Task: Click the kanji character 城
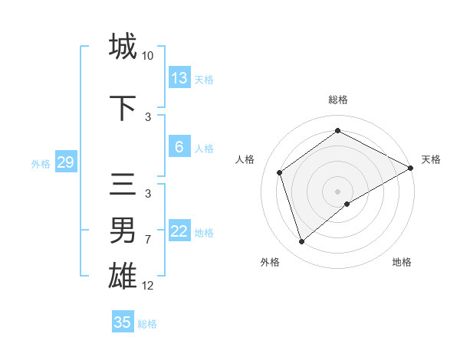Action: (x=123, y=47)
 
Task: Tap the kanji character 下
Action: (x=123, y=108)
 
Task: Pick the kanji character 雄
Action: (x=123, y=275)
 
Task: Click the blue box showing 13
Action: (x=179, y=78)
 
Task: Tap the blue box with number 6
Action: (x=179, y=147)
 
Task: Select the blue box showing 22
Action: (x=179, y=231)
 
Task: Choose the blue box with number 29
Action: (x=65, y=162)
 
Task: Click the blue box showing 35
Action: (x=123, y=322)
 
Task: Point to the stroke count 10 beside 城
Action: (x=148, y=56)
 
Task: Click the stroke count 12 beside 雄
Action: (x=148, y=285)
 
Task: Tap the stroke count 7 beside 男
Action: (x=148, y=240)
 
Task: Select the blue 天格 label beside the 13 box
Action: (x=204, y=79)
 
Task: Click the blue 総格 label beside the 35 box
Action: (x=147, y=324)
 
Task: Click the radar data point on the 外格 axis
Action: (x=302, y=242)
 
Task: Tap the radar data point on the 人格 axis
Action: (x=280, y=172)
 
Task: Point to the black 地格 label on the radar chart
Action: (x=402, y=262)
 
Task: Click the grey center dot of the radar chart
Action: (x=337, y=191)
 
